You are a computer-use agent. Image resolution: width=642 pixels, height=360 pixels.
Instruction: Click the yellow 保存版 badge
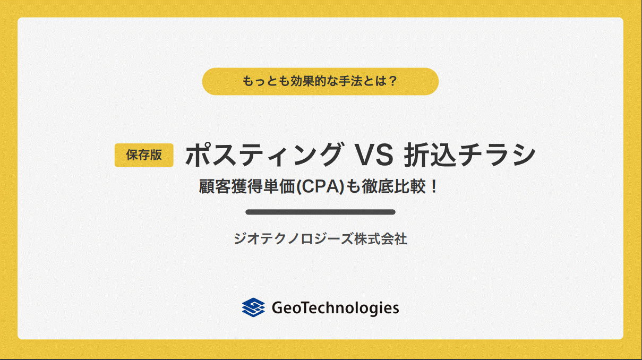(x=144, y=155)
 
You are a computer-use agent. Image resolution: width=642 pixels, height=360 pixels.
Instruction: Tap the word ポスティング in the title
(x=264, y=155)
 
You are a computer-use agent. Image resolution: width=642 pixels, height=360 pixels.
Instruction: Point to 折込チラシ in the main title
(x=469, y=155)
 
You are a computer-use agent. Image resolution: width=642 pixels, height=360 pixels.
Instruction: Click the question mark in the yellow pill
(x=392, y=81)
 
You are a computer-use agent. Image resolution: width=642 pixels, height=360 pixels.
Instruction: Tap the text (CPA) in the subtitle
(x=320, y=186)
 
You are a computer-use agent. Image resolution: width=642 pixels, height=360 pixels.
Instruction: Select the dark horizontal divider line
(x=320, y=212)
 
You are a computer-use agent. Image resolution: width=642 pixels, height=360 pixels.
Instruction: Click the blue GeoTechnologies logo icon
(x=253, y=307)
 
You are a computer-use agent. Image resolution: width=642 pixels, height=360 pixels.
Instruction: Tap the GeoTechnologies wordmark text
(x=335, y=308)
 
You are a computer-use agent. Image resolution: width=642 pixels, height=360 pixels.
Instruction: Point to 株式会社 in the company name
(x=381, y=239)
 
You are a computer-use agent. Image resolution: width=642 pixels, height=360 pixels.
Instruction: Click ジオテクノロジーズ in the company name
(x=294, y=239)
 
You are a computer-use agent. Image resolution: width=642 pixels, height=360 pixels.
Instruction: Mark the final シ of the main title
(x=524, y=155)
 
